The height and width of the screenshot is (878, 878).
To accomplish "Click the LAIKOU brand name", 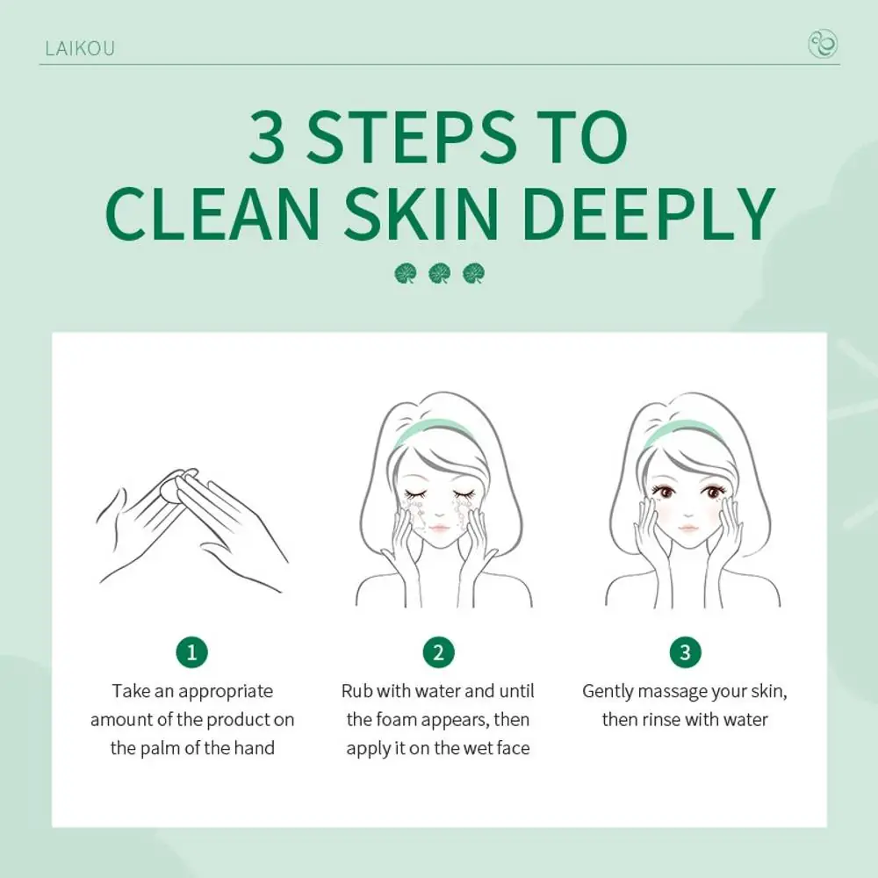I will coord(79,47).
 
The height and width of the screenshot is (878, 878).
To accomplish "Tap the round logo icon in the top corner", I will coord(822,45).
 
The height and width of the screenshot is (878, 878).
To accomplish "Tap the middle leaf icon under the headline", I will coord(439,274).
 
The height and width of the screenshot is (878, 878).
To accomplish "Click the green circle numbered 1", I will coord(192,652).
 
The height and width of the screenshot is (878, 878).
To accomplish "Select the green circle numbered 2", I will coord(438,652).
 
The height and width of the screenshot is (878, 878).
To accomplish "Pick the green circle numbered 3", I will coord(685,652).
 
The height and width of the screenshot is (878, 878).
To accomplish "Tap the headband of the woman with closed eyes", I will coord(437,432).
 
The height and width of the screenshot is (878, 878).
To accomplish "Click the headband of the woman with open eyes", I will coord(684,432).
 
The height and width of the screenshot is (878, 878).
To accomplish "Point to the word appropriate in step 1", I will coord(227,692).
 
